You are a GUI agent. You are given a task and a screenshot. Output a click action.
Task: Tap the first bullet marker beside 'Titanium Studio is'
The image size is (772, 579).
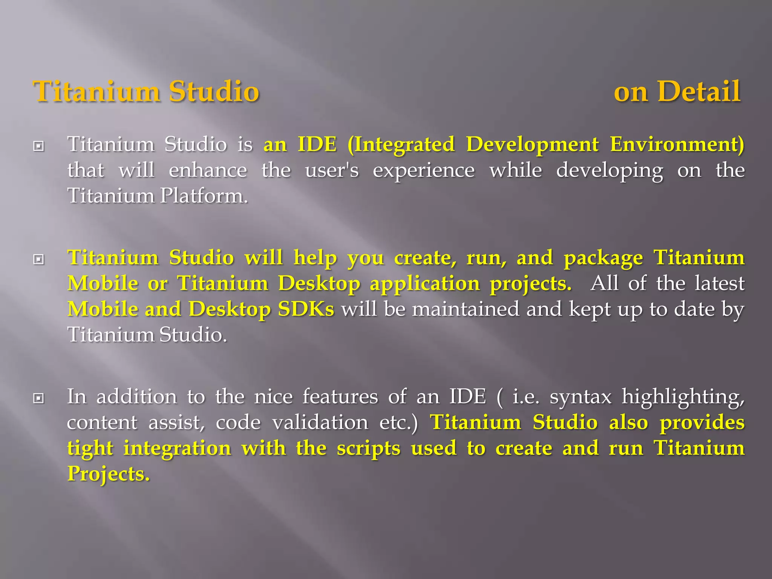pos(38,146)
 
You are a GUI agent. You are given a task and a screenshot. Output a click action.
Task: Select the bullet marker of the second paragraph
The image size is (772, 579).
pos(38,259)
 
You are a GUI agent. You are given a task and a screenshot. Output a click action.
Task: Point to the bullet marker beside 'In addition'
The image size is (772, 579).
pos(38,398)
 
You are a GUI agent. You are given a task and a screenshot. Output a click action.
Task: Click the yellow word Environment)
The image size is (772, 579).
pos(677,145)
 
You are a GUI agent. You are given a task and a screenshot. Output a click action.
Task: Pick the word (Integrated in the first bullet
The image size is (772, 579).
pos(401,145)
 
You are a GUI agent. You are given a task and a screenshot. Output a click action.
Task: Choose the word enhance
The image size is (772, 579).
pos(208,170)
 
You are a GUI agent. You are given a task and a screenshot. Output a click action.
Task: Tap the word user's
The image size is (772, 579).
pos(332,170)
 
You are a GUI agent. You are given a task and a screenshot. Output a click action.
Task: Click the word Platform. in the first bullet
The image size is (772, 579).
pos(204,196)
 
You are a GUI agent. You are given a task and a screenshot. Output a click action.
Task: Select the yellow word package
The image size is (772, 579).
pos(603,259)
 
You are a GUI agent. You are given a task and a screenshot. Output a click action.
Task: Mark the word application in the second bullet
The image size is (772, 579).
pos(425,284)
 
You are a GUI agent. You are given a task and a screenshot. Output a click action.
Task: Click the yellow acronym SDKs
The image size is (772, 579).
pos(306,309)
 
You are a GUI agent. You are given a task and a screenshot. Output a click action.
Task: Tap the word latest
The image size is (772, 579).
pos(720,283)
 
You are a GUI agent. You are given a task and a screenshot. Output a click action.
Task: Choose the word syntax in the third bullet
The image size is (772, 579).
pos(581,397)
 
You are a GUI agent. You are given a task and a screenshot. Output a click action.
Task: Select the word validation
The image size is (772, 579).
pos(320,423)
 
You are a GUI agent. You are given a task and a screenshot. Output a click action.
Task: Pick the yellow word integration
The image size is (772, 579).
pos(177,449)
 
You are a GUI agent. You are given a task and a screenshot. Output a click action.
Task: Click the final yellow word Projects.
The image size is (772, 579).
pos(109,474)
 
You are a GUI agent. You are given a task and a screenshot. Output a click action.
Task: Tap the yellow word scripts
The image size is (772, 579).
pos(368,449)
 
